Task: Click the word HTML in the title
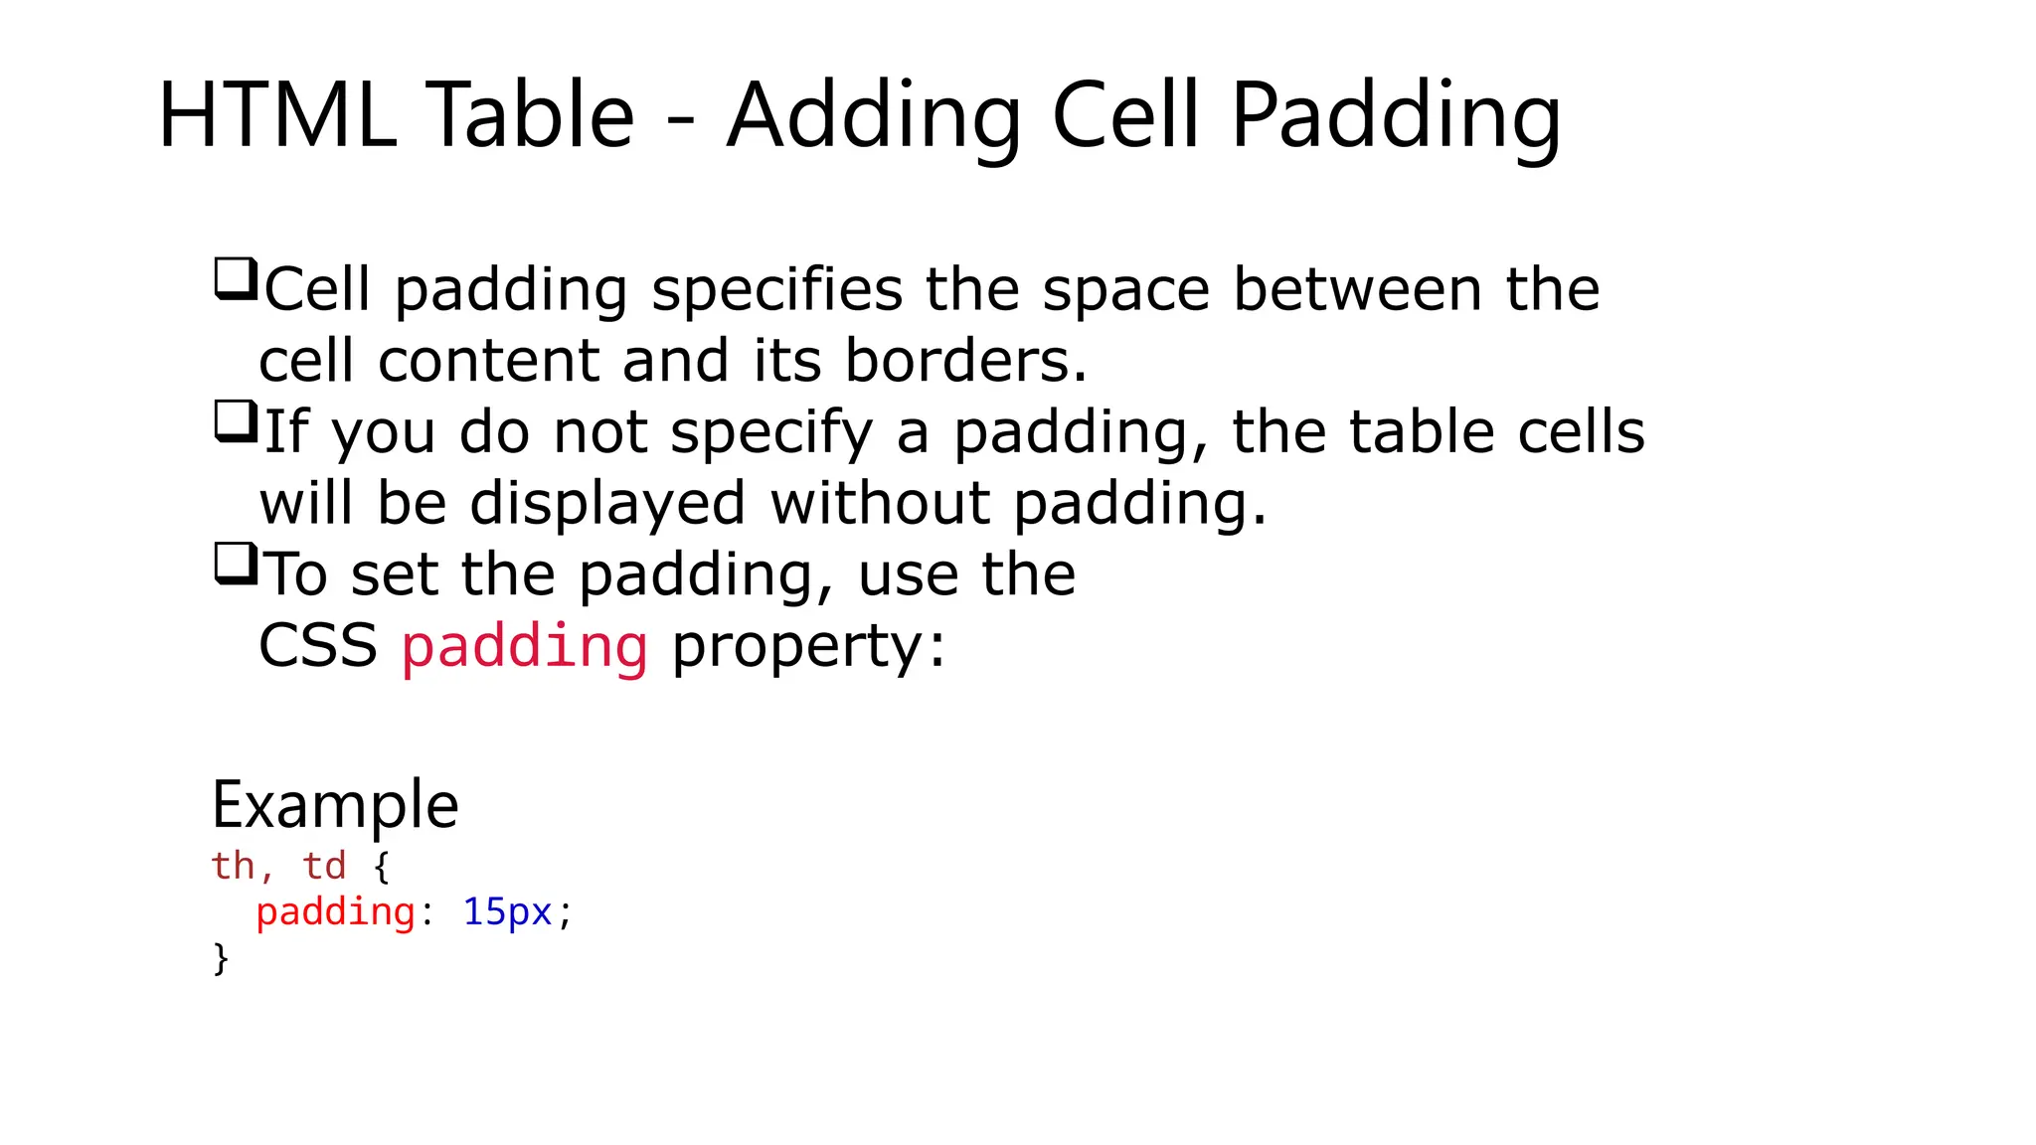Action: click(276, 116)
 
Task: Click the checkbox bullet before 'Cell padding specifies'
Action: click(236, 278)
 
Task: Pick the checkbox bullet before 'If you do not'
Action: click(236, 421)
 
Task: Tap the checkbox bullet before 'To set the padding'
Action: click(236, 565)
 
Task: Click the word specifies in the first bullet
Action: click(776, 291)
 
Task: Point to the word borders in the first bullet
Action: click(964, 360)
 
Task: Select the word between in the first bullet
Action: click(1357, 289)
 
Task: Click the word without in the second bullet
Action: click(879, 503)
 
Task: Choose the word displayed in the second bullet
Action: click(606, 505)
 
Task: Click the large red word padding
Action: click(524, 647)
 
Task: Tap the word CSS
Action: click(317, 646)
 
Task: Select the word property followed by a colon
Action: click(807, 648)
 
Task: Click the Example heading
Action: click(335, 805)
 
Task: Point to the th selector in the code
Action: click(234, 866)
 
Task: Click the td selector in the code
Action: click(324, 866)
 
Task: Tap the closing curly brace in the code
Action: click(221, 958)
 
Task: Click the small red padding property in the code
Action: click(335, 912)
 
